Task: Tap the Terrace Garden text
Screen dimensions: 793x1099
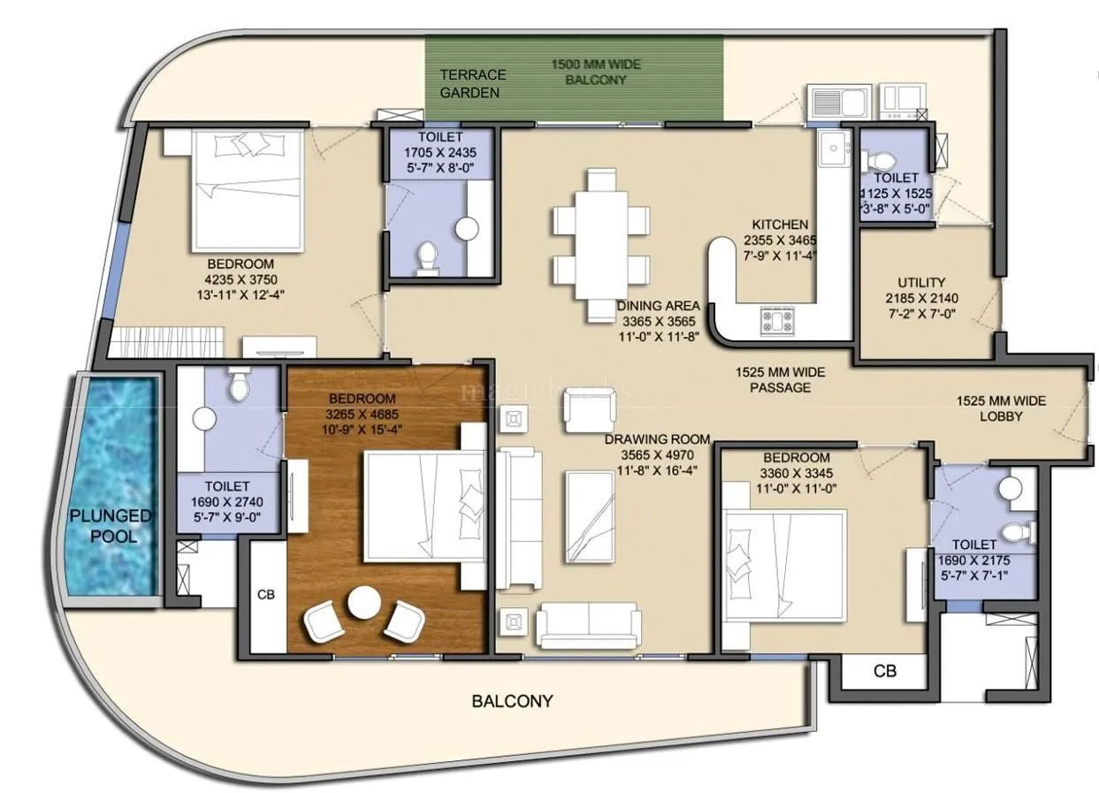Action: point(473,83)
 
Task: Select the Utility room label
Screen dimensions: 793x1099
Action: point(921,283)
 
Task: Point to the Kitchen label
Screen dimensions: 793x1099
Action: point(780,225)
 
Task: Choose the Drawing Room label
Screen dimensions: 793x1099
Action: point(657,438)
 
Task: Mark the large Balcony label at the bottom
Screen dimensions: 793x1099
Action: point(512,701)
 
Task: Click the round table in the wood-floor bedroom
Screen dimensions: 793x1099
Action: point(363,604)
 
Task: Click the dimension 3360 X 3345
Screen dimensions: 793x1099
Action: point(797,473)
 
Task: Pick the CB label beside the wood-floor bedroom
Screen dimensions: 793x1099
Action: point(265,594)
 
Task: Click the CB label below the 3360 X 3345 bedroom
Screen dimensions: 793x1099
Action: point(885,671)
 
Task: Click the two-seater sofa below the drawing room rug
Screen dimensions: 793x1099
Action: point(588,624)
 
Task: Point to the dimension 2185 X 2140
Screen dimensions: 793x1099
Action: point(921,298)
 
